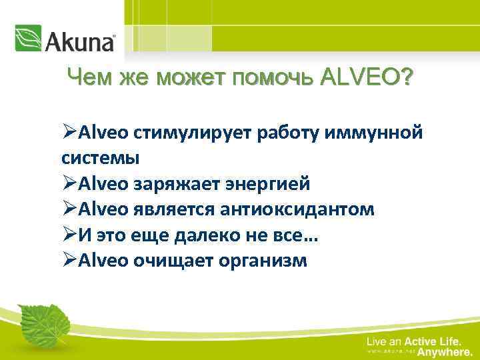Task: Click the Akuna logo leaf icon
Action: [28, 38]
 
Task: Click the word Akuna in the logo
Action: [79, 41]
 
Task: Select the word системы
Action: [100, 159]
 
